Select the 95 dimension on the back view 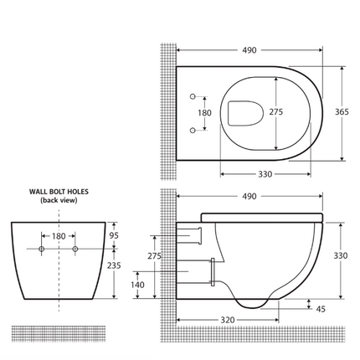click(114, 235)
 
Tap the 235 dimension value click(114, 265)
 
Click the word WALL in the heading click(39, 192)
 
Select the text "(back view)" click(59, 202)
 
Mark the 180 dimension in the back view click(59, 237)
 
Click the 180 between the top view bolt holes click(203, 112)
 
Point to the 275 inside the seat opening click(275, 111)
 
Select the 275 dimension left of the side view click(154, 256)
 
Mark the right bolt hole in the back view click(75, 249)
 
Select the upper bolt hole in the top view click(194, 94)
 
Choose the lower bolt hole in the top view click(194, 129)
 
